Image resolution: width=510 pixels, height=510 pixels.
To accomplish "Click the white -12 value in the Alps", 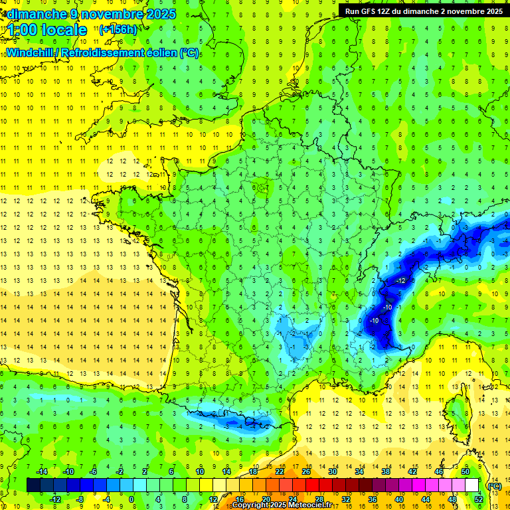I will point(400,281).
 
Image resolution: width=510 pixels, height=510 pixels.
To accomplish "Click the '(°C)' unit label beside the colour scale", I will point(494,485).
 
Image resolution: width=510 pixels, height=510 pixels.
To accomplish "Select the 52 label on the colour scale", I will point(479,499).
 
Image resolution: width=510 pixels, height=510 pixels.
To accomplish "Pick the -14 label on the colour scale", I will point(42,471).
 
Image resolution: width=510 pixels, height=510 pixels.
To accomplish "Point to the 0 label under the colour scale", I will point(131,499).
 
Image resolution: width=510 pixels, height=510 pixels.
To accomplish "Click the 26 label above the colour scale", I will point(306,471).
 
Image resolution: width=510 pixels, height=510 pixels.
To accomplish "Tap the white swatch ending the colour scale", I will point(472,485).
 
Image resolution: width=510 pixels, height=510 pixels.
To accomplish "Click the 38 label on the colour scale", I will point(386,471).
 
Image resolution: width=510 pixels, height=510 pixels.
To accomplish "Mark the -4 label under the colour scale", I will point(105,499).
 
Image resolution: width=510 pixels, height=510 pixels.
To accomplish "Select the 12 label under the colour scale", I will point(213,499).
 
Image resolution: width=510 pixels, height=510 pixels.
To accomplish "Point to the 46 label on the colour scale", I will point(439,471).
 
